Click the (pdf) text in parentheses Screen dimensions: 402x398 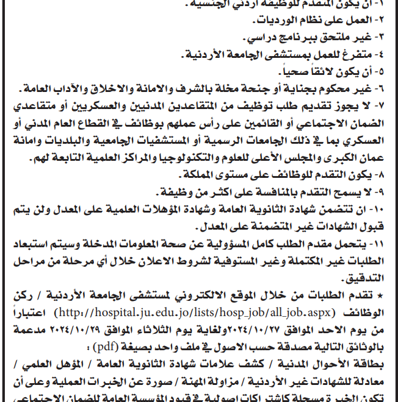click(102, 348)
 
